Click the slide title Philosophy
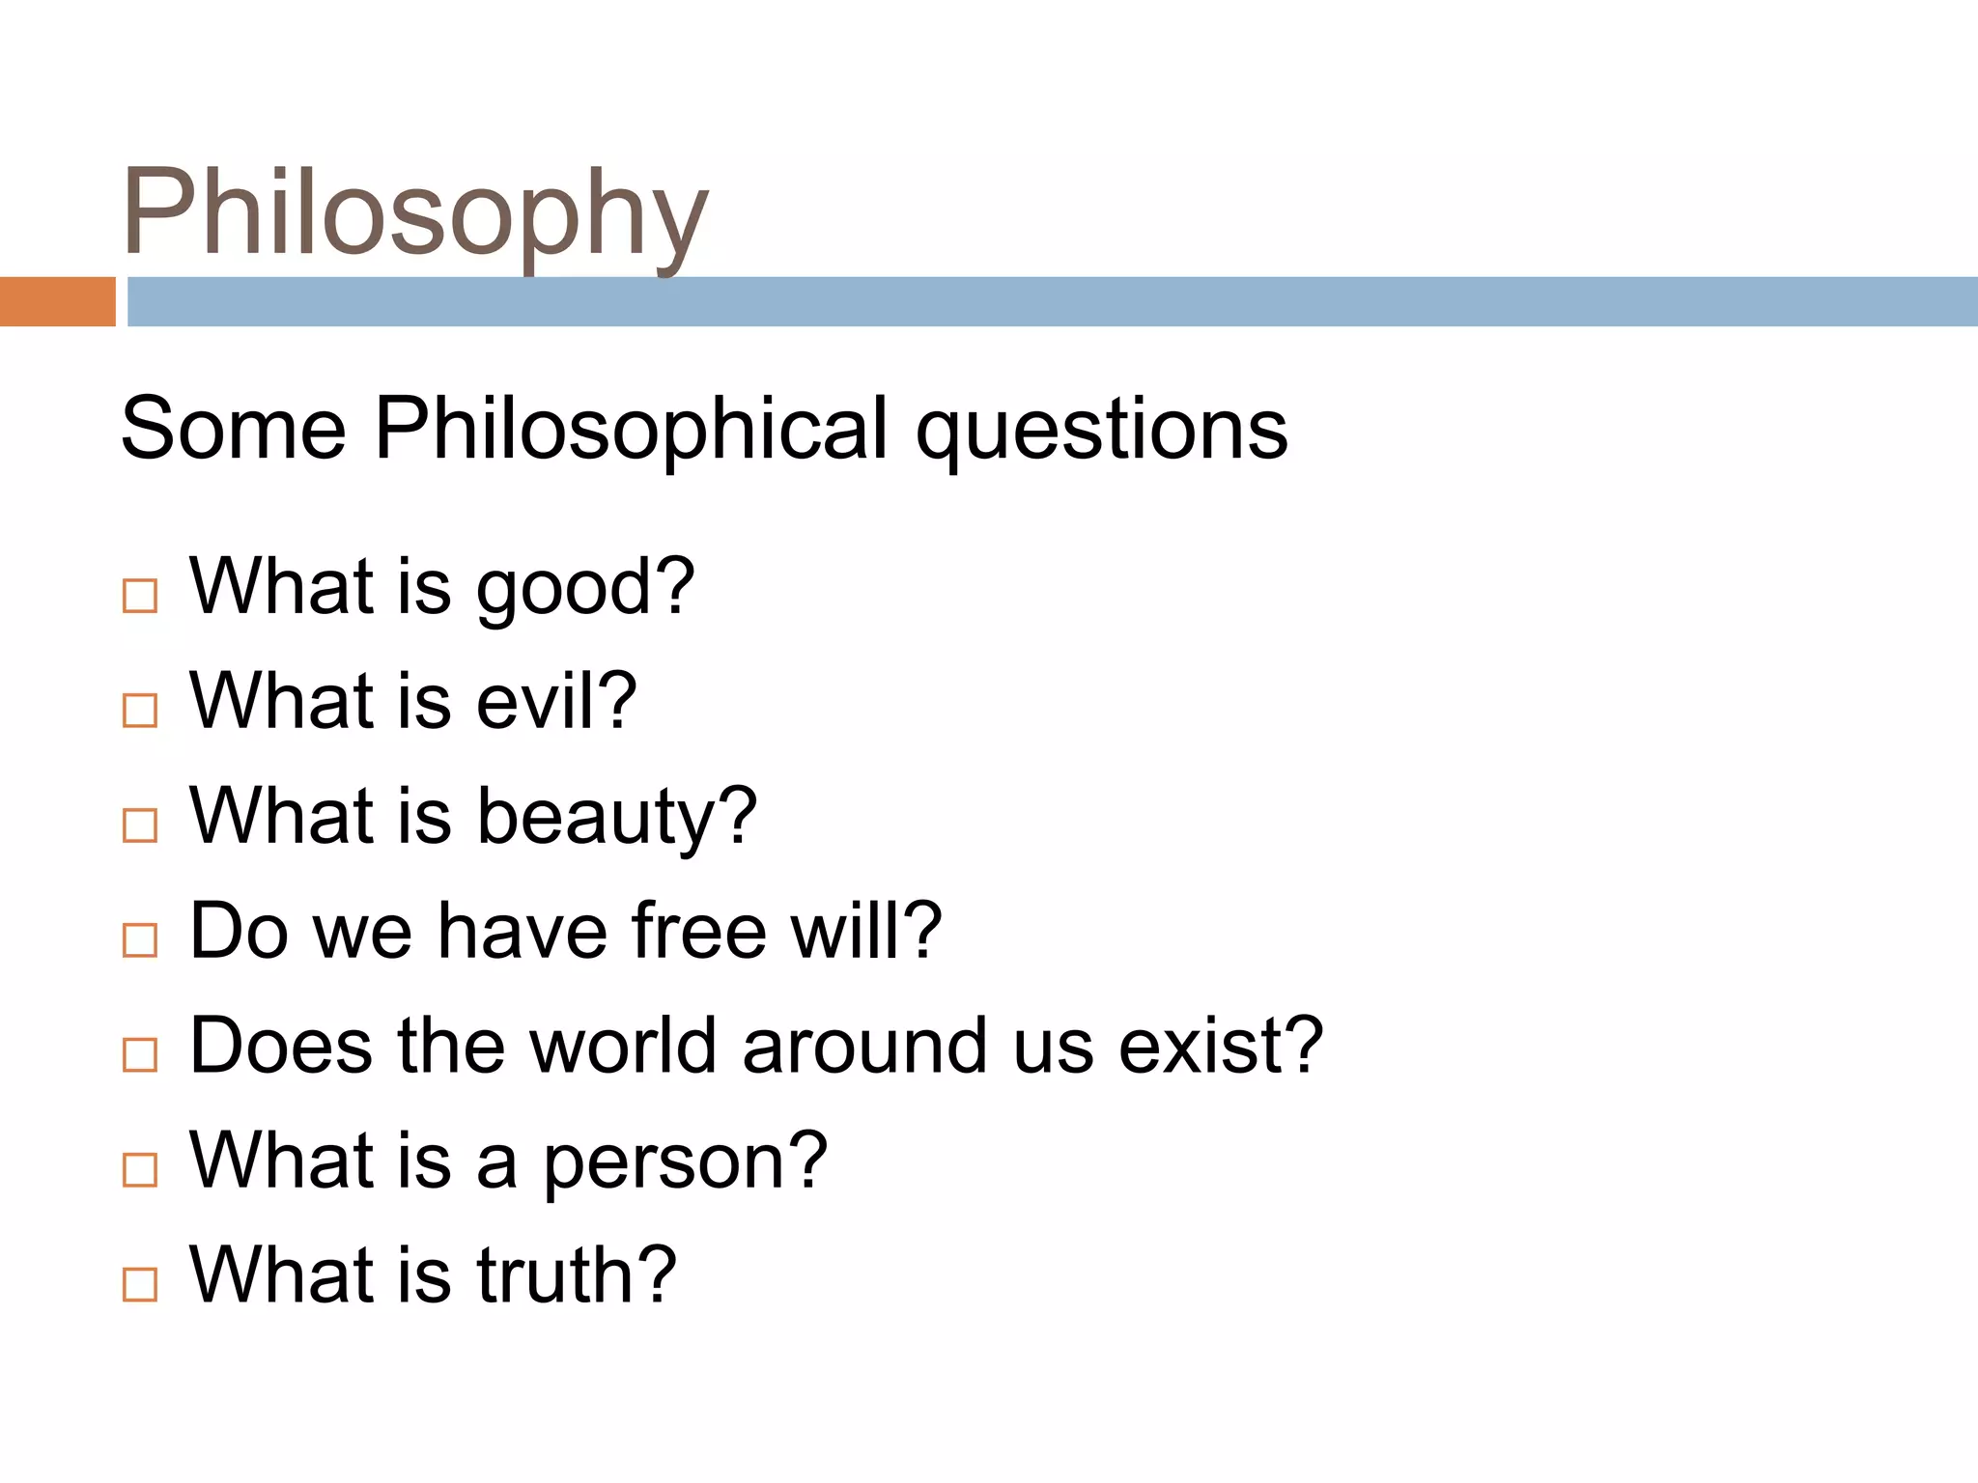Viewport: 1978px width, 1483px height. click(x=415, y=214)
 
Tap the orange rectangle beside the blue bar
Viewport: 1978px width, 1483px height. click(x=57, y=301)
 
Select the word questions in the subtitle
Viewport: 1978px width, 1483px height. click(x=1101, y=430)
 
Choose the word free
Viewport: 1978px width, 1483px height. click(x=699, y=931)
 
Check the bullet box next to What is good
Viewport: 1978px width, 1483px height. click(x=140, y=596)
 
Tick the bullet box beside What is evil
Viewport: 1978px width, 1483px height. click(x=140, y=711)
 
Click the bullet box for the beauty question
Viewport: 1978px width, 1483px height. click(x=140, y=825)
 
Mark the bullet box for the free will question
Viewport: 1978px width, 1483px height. click(x=140, y=939)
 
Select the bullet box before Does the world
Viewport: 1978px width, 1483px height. click(x=140, y=1054)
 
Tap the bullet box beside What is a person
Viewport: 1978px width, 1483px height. click(x=140, y=1169)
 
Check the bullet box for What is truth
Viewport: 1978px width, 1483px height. click(x=140, y=1284)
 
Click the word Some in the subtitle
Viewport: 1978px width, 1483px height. click(x=233, y=430)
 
